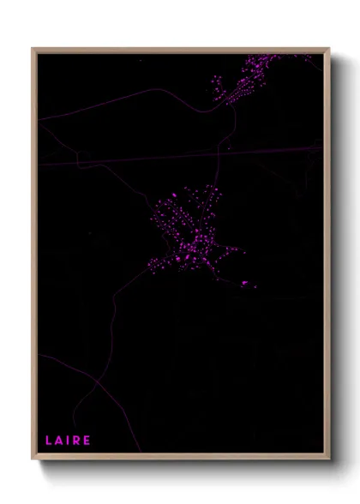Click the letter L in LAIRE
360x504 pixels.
49,441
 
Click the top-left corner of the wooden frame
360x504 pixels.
33,49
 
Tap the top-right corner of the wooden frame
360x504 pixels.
328,49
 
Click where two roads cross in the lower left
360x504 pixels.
97,378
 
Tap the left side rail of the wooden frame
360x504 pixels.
33,257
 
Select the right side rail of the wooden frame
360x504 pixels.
327,257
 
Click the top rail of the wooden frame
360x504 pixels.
180,49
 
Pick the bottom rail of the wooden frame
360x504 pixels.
180,458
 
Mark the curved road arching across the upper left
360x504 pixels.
129,99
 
